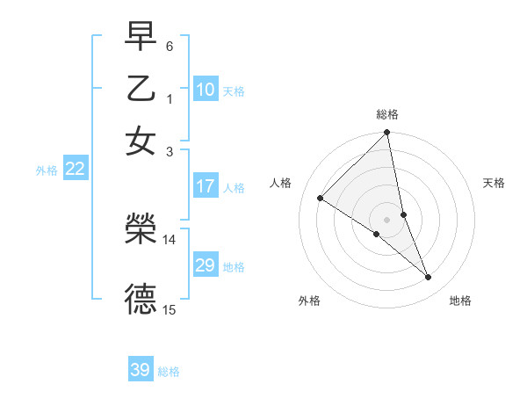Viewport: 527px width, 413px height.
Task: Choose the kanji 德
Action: click(141, 299)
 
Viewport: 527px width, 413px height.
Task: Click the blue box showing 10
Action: click(206, 90)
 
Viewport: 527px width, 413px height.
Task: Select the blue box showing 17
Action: click(206, 186)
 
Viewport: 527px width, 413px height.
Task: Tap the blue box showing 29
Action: click(206, 265)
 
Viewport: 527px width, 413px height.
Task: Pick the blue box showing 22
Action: click(75, 170)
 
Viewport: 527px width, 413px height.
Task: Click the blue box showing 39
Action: click(141, 370)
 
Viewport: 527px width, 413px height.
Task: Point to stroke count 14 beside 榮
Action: click(170, 239)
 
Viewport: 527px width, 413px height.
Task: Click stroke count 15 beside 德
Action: click(170, 309)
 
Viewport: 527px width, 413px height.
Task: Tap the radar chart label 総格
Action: click(387, 114)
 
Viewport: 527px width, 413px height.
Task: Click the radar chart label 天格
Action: click(494, 183)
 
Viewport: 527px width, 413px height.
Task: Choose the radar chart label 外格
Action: click(309, 301)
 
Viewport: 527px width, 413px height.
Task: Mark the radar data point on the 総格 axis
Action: click(387, 134)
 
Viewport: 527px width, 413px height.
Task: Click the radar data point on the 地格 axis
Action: click(429, 278)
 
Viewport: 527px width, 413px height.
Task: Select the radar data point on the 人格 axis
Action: click(321, 198)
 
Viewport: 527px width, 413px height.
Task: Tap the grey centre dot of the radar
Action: click(387, 220)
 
